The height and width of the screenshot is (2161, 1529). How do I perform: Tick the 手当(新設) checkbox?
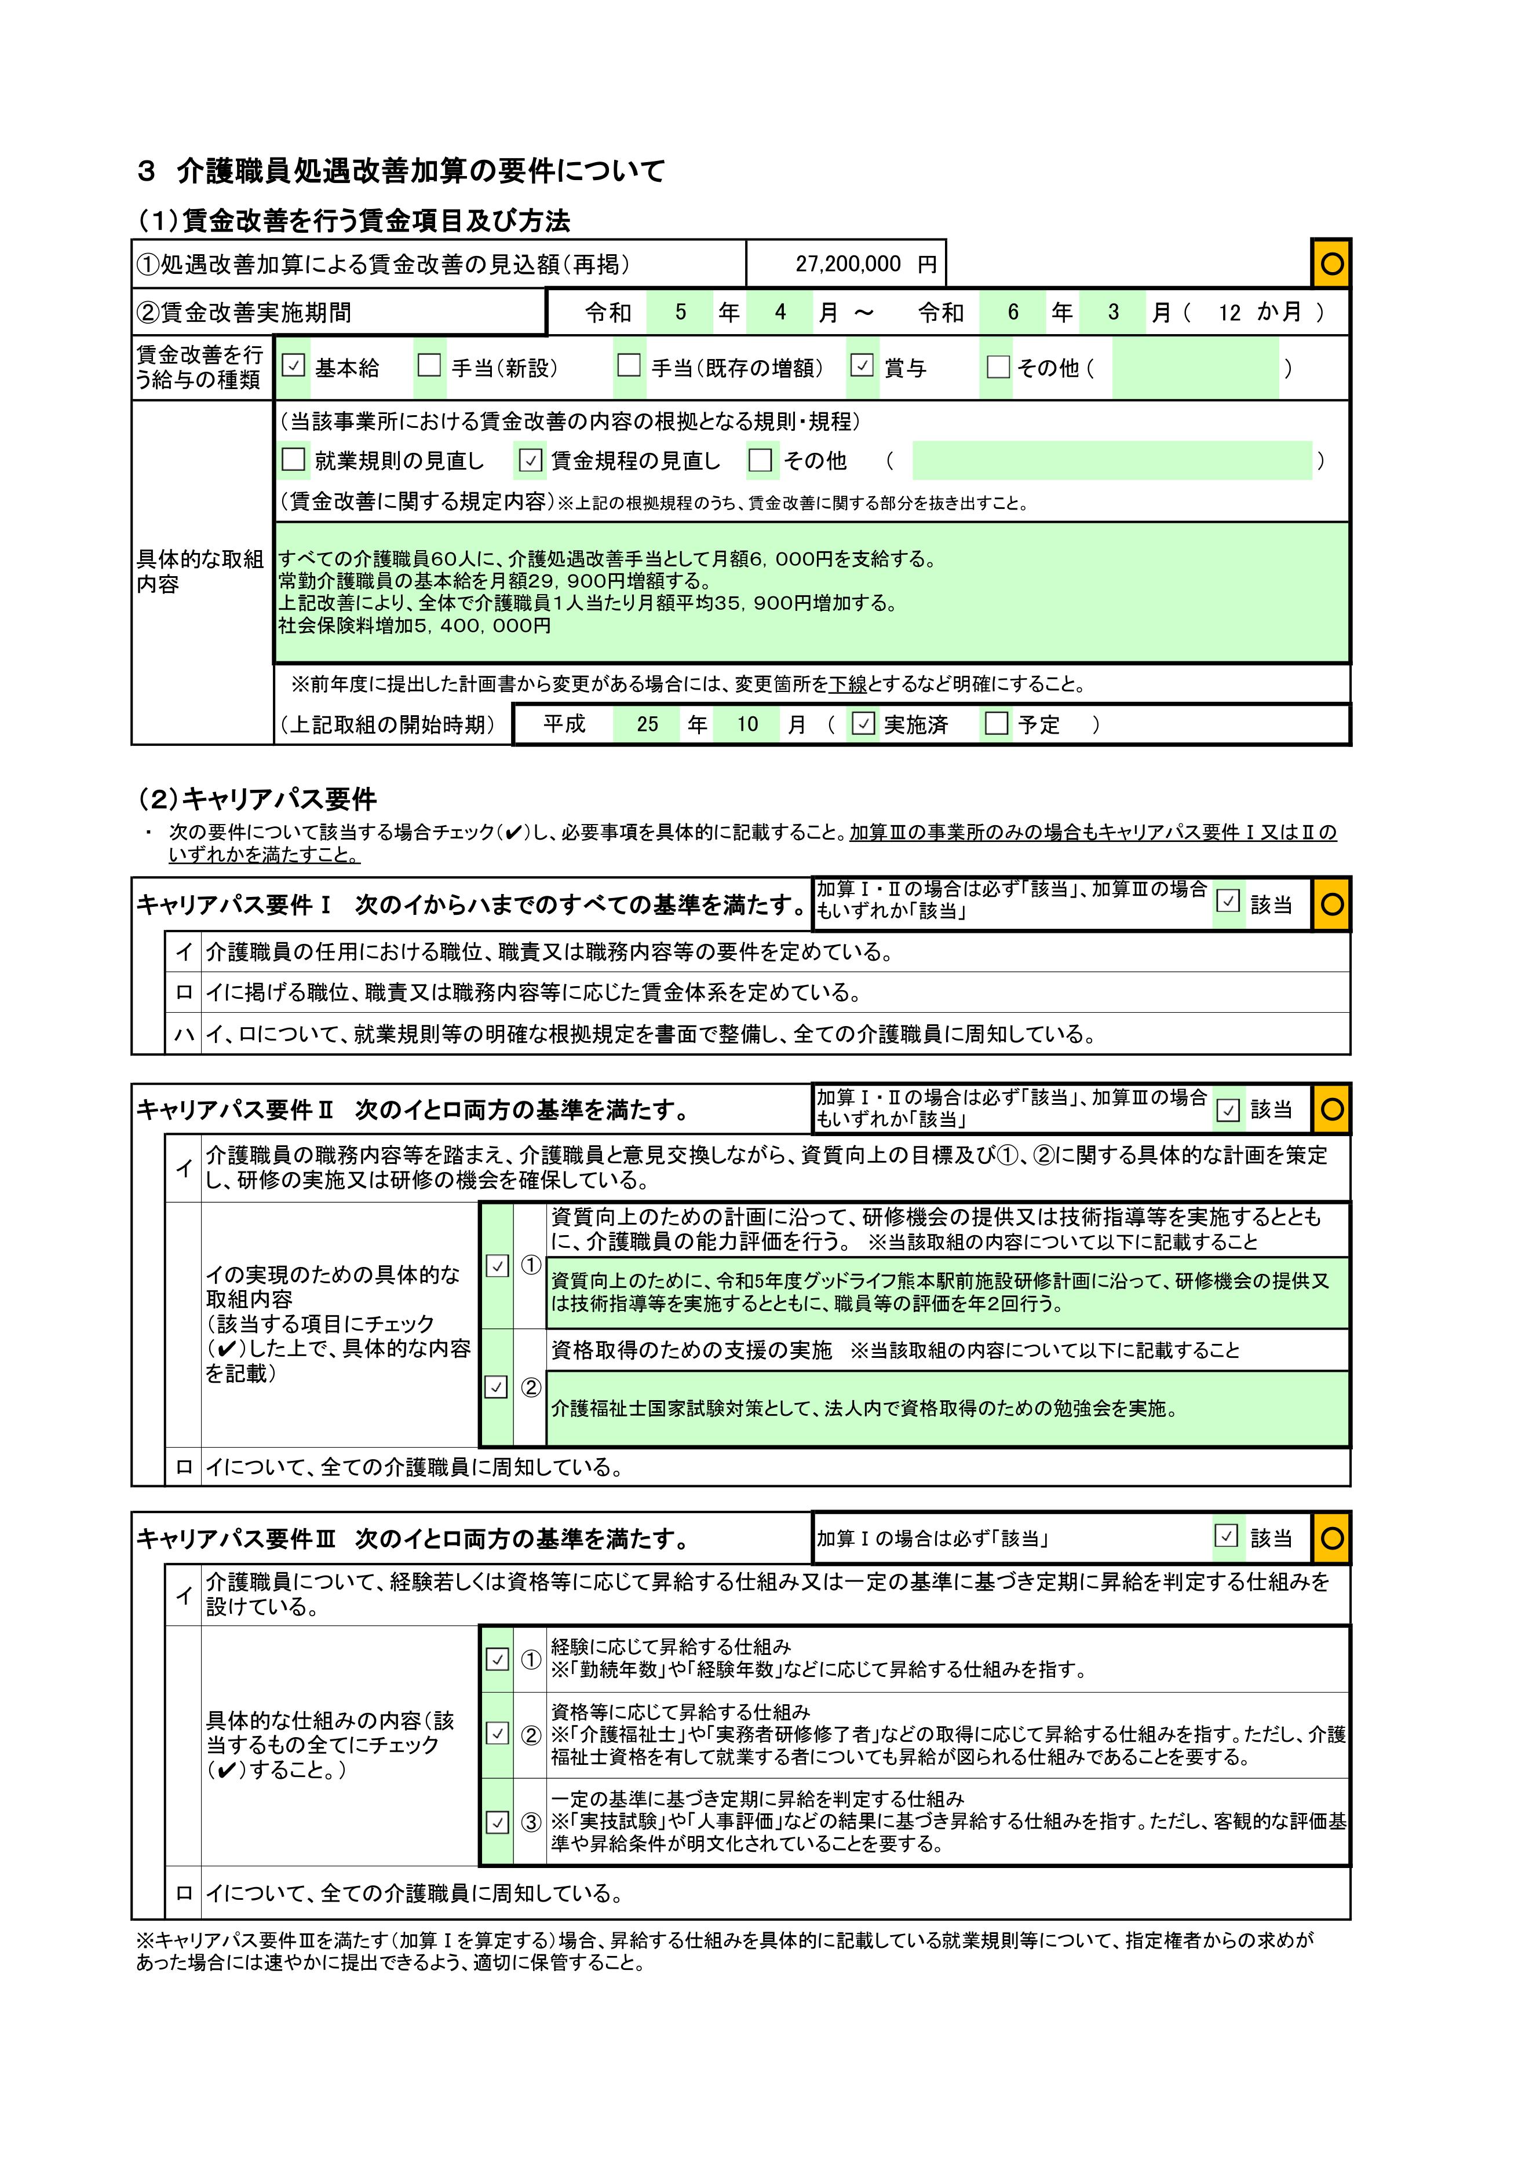pos(429,366)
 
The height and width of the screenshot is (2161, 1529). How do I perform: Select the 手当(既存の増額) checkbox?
pos(629,366)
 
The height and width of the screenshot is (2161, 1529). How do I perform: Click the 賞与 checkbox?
pos(862,366)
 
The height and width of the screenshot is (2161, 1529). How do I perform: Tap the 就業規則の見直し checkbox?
pos(294,460)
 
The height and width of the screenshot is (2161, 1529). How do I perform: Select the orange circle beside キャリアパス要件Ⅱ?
pos(1331,1109)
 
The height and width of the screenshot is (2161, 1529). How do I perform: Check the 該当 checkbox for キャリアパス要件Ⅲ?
pos(1226,1537)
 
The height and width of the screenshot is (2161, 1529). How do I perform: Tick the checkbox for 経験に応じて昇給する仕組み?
pos(497,1660)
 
